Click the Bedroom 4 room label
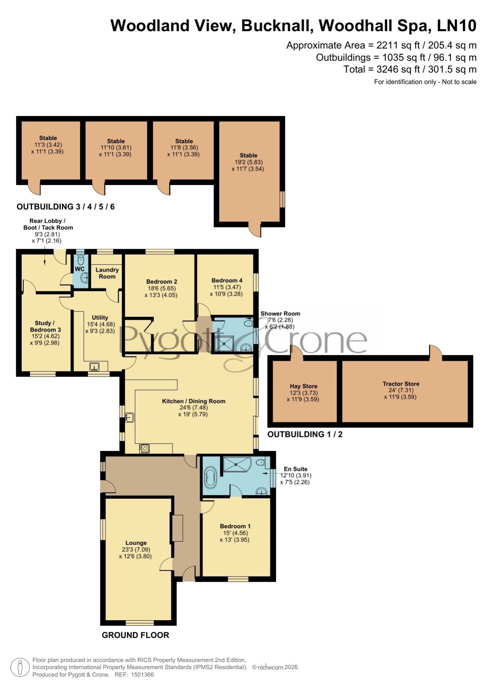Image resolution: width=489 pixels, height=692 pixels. pos(227,280)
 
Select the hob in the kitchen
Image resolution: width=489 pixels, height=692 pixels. pos(144,448)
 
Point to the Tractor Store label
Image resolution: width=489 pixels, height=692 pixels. pos(401,384)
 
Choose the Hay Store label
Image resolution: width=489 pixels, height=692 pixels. pos(303,386)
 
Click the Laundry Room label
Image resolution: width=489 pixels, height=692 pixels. pos(107,273)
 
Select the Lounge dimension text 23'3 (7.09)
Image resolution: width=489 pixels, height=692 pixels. pos(136,549)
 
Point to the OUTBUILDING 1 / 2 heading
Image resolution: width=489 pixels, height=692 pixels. pos(305,434)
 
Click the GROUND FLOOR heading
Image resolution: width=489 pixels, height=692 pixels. pos(136,635)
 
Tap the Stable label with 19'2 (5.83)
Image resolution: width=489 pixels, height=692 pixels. pos(248,155)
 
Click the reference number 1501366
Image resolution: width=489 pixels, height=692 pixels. pos(142,675)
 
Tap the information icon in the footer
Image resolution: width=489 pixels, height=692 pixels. pos(20,668)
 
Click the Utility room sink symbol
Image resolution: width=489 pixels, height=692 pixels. pos(94,367)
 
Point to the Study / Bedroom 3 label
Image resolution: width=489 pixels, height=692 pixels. pos(45,326)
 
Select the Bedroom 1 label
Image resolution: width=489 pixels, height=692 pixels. pos(235,526)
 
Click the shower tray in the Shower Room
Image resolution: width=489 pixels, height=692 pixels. pos(224,343)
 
